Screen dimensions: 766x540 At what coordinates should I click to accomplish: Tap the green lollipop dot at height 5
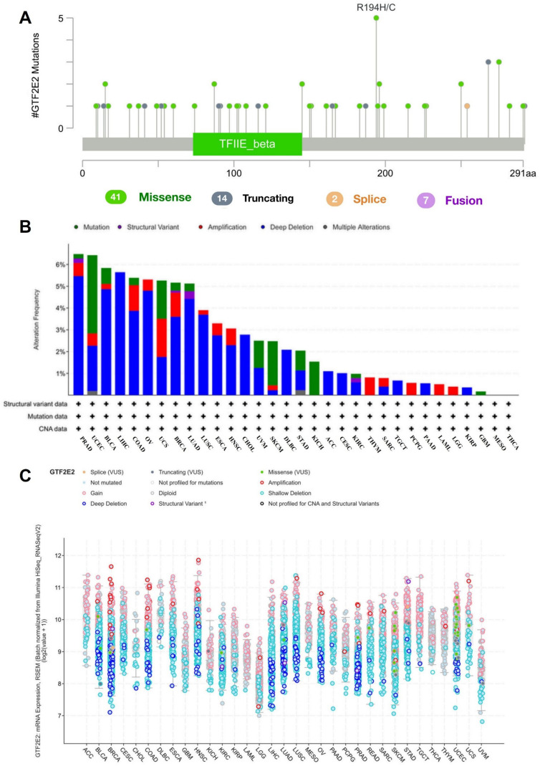pos(376,18)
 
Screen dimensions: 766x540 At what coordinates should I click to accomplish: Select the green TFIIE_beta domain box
pos(247,143)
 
